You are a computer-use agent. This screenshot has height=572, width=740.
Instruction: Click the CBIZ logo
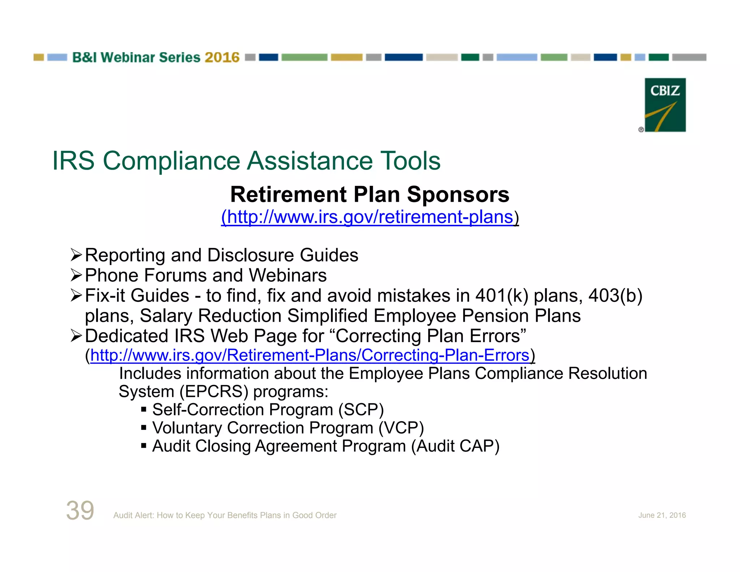pyautogui.click(x=665, y=105)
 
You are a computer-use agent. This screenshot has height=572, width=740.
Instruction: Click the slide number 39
pyautogui.click(x=80, y=510)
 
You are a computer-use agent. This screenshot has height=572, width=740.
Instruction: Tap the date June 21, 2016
pyautogui.click(x=662, y=515)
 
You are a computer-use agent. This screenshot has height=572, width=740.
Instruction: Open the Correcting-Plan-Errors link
pyautogui.click(x=310, y=355)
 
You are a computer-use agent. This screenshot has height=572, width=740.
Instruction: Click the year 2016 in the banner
pyautogui.click(x=222, y=57)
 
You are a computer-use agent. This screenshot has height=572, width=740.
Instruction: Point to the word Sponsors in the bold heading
pyautogui.click(x=458, y=195)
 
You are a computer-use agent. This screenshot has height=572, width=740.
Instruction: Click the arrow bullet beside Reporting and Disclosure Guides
pyautogui.click(x=76, y=255)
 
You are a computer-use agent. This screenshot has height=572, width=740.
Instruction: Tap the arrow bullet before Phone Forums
pyautogui.click(x=76, y=276)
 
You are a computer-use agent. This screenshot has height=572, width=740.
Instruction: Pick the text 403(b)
pyautogui.click(x=615, y=296)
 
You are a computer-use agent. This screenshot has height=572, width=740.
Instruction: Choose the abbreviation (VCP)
pyautogui.click(x=401, y=428)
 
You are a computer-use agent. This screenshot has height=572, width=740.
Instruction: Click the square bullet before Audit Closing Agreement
pyautogui.click(x=144, y=446)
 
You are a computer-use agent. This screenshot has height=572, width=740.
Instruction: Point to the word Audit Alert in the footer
pyautogui.click(x=133, y=515)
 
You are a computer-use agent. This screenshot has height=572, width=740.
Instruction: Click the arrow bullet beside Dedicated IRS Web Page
pyautogui.click(x=76, y=336)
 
